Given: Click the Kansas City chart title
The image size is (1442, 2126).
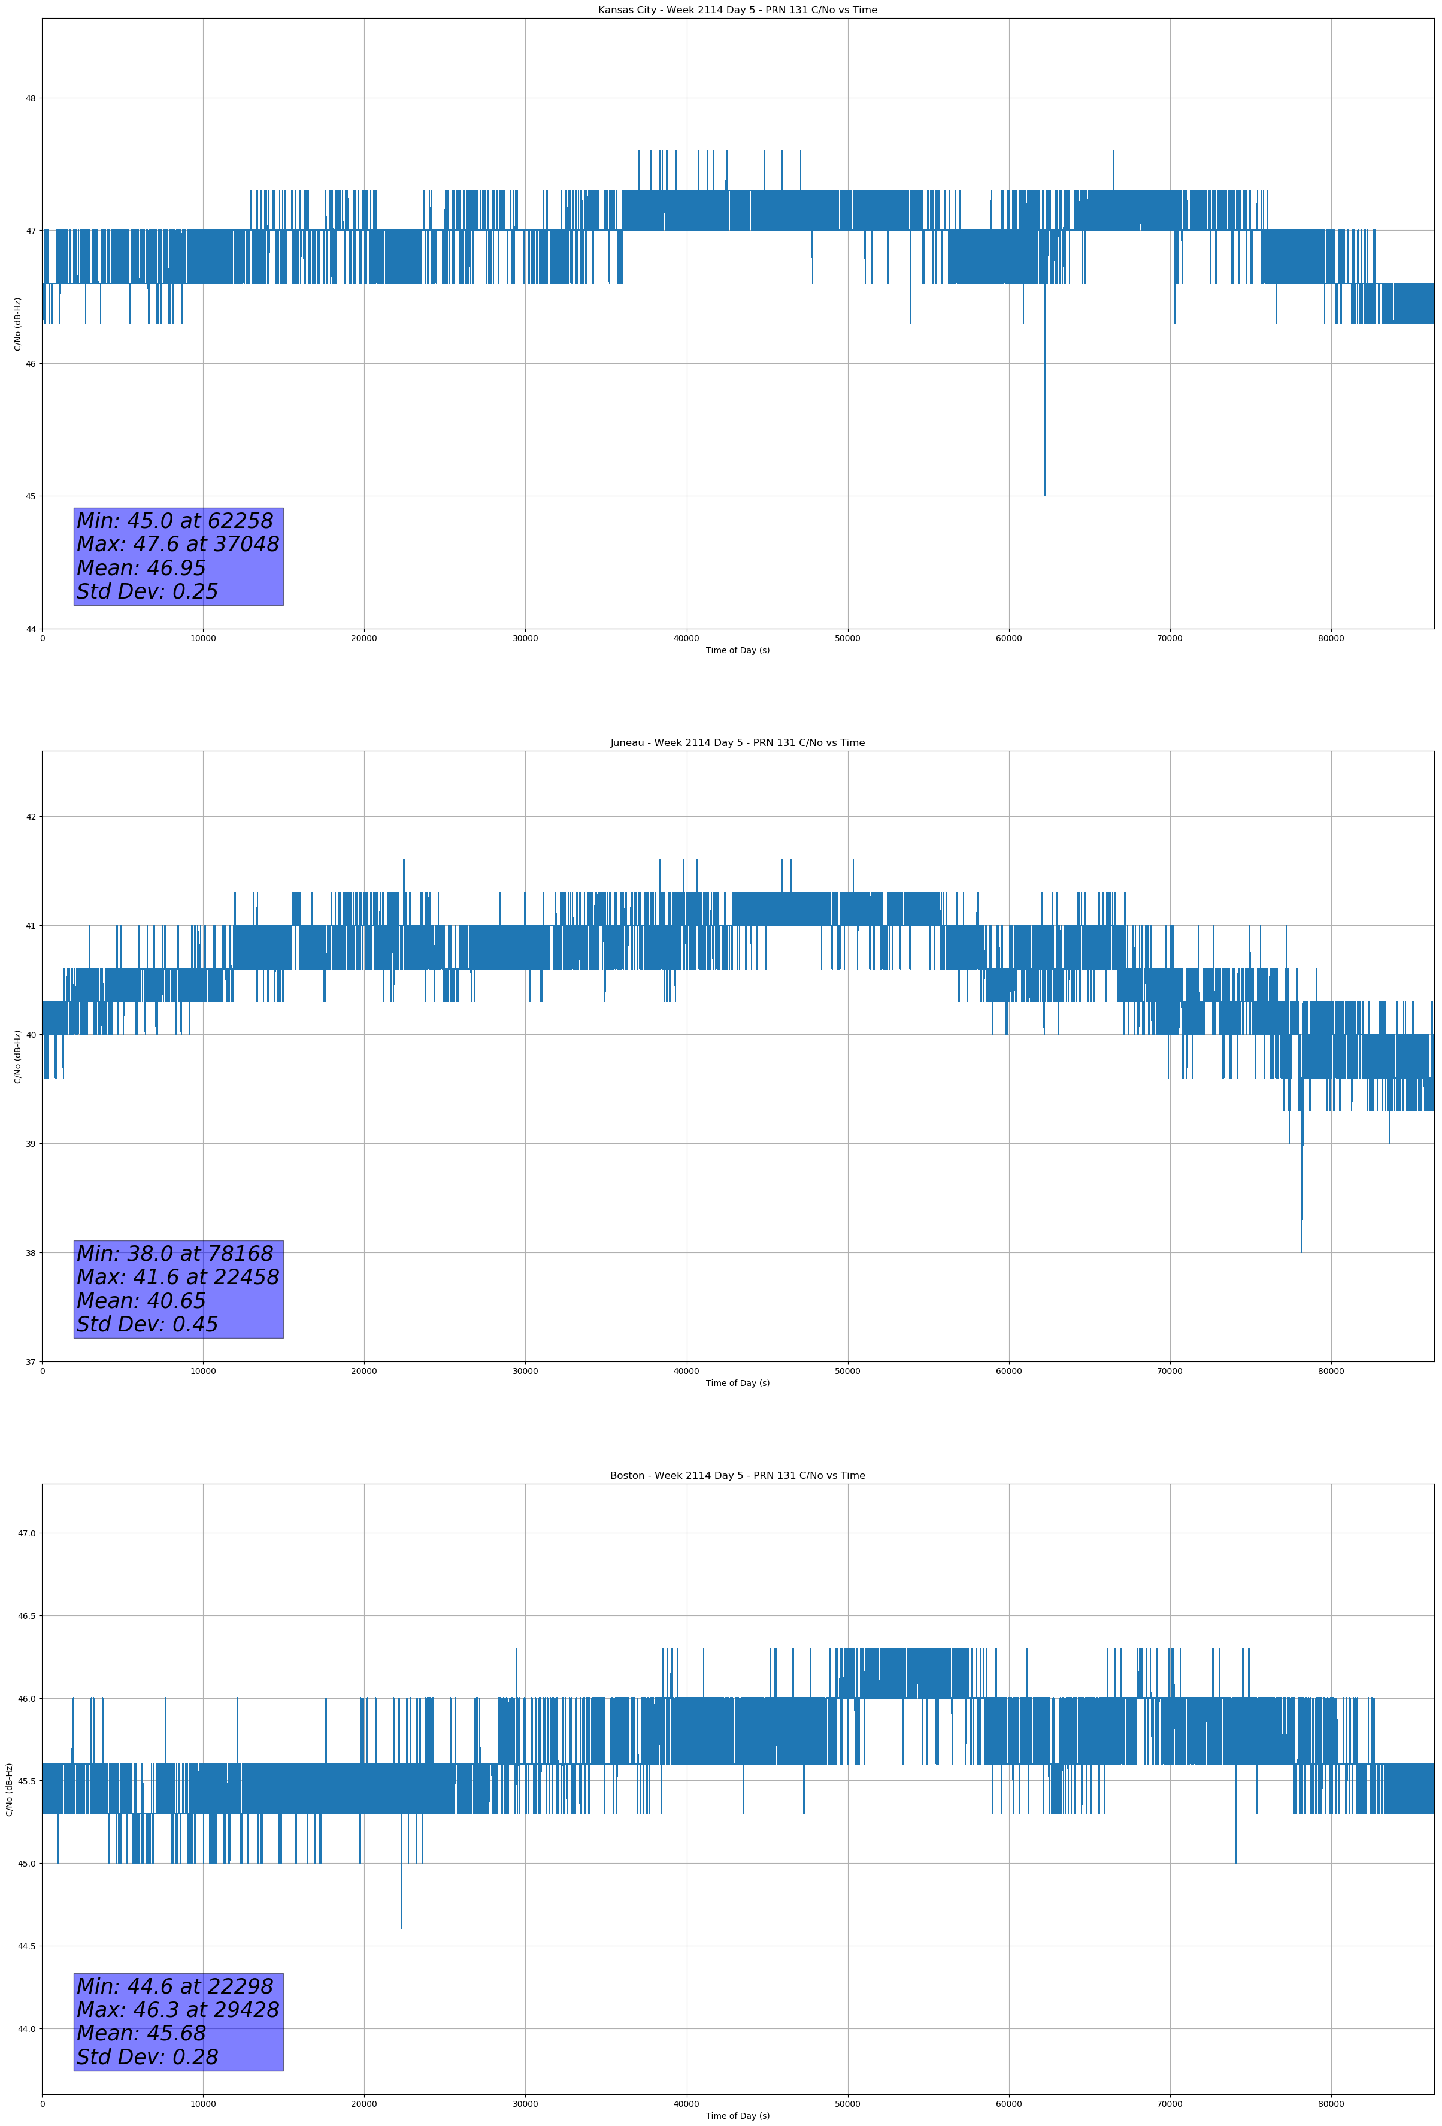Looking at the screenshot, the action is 737,10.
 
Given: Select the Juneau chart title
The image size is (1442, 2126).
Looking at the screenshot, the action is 737,743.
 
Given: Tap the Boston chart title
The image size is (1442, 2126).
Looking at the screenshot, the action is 737,1476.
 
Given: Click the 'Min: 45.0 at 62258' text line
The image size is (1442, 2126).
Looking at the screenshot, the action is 175,521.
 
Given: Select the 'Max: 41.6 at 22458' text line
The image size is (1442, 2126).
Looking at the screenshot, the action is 177,1277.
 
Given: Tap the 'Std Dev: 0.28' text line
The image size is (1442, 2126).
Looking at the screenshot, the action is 147,2057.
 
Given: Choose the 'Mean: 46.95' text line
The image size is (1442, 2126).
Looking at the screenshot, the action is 141,568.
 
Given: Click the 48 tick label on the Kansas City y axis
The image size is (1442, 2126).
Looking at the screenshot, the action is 30,98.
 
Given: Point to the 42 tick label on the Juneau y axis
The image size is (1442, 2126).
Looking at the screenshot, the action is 30,816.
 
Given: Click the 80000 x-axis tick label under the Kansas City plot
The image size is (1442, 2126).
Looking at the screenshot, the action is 1331,639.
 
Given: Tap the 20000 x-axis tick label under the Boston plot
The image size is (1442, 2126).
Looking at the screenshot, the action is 364,2104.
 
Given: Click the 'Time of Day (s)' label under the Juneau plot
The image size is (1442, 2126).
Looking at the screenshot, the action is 737,1383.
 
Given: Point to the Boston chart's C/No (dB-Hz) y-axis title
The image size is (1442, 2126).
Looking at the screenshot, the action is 9,1789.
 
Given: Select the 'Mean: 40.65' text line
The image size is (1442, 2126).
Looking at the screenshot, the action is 141,1301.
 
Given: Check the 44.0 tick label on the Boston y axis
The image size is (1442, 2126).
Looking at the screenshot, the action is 26,2029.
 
